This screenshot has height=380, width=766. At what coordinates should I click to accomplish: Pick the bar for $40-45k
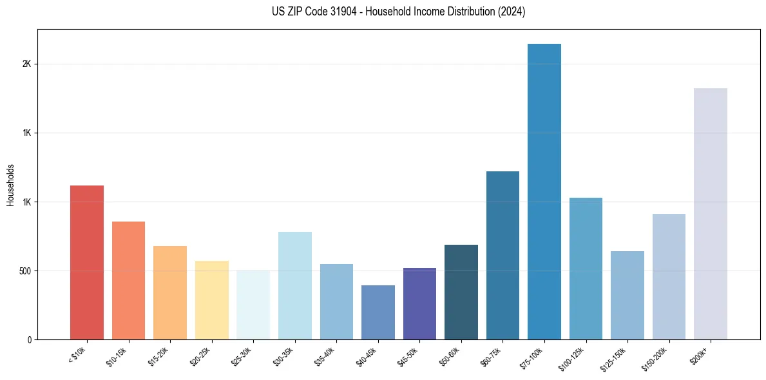pos(378,312)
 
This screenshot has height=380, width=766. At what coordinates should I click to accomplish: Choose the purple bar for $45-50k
pos(419,303)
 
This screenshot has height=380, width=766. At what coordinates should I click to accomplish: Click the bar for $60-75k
pos(503,255)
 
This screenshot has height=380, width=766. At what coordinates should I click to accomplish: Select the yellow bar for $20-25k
pos(212,300)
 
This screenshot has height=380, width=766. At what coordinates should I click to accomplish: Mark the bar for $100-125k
pos(586,269)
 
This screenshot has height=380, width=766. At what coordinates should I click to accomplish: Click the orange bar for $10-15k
pos(129,280)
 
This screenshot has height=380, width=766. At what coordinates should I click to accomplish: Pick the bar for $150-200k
pos(669,276)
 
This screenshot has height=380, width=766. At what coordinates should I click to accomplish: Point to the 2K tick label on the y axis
pos(26,64)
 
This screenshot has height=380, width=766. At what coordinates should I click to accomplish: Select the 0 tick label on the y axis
pos(29,340)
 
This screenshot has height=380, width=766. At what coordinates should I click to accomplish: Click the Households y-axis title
pos(10,185)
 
